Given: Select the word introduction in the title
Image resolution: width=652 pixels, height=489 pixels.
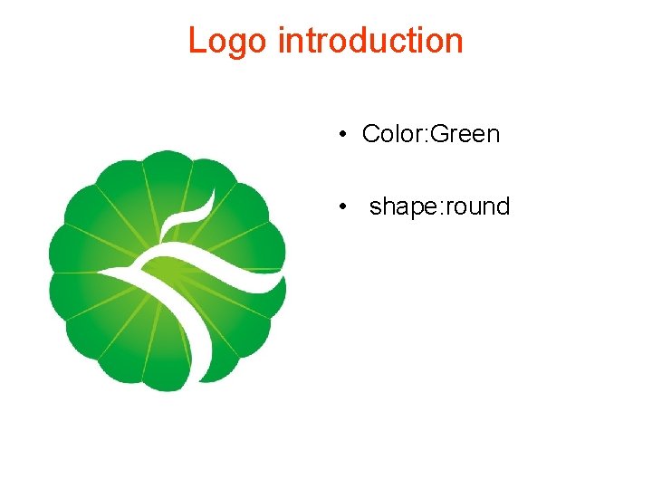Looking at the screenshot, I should [x=370, y=42].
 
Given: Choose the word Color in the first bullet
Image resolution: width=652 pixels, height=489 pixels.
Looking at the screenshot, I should [x=392, y=135].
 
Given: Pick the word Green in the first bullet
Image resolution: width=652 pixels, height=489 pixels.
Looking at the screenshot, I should [x=465, y=135].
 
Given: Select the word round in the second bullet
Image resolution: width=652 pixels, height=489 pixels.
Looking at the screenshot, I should [x=479, y=207].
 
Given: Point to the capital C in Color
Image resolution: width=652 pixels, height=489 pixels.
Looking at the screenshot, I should [x=370, y=135].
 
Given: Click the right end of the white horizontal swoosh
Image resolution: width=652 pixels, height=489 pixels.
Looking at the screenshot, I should [x=283, y=287].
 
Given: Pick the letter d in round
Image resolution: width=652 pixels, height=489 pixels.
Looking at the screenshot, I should [x=503, y=206].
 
